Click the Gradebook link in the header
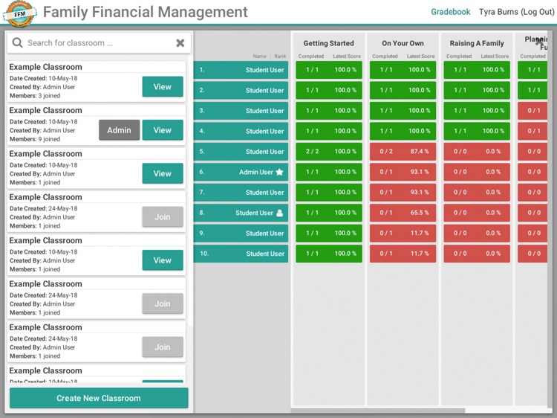coord(451,12)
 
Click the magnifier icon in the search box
coord(17,43)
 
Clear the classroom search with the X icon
coord(180,43)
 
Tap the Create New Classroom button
coord(99,398)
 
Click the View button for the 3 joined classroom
coord(163,87)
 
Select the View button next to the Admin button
coord(163,130)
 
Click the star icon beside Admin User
coord(280,172)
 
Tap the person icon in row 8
coord(280,213)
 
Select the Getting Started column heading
coord(329,43)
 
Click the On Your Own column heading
coord(403,43)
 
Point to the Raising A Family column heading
coord(477,43)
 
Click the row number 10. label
coord(204,254)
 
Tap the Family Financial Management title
coord(146,13)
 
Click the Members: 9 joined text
coord(35,139)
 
